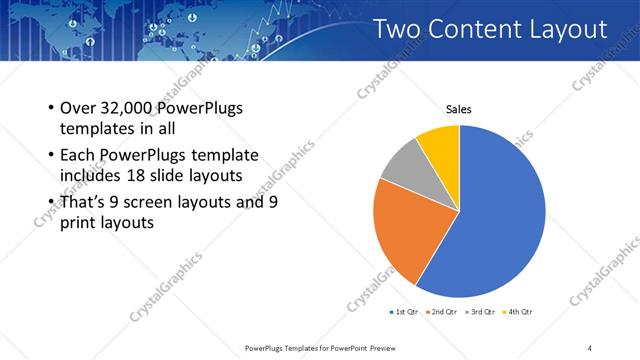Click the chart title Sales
459,109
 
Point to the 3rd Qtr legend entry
481,313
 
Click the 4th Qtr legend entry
517,313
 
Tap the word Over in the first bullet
78,108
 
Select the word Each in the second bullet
78,156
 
